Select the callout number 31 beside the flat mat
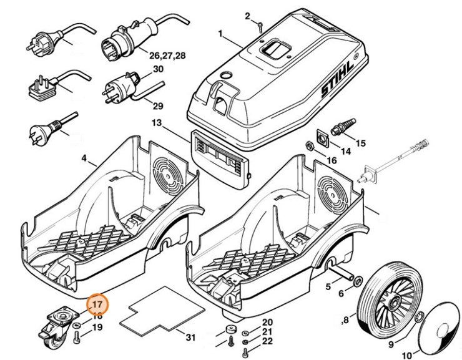(x=191, y=338)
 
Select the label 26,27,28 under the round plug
(x=167, y=56)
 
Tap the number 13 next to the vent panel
(x=157, y=124)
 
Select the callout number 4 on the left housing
(x=84, y=158)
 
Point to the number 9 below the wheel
(x=391, y=344)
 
